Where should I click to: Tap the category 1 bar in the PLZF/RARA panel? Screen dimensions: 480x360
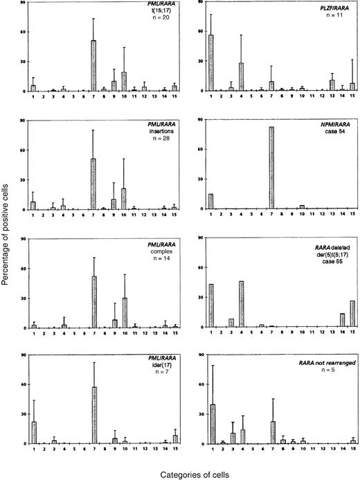pyautogui.click(x=210, y=63)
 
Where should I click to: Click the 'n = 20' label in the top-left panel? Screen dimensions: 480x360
pyautogui.click(x=159, y=23)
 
